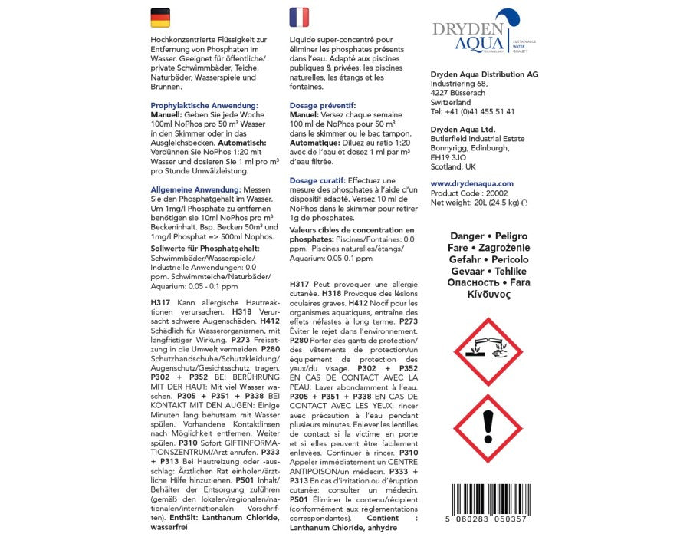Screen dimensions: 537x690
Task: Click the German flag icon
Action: point(160,18)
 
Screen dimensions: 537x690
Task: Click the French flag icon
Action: point(299,18)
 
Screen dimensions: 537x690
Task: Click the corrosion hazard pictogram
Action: point(488,351)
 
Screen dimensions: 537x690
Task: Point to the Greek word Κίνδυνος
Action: point(488,294)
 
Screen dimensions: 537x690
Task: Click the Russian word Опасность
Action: point(471,282)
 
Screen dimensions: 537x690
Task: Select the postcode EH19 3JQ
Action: point(449,157)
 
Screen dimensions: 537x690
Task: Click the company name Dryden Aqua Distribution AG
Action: point(485,74)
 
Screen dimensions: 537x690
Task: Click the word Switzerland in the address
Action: point(451,102)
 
